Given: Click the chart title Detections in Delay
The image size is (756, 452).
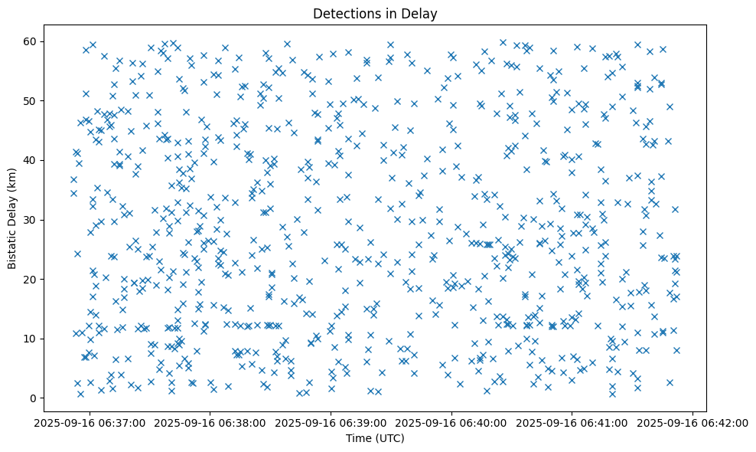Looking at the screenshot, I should pyautogui.click(x=375, y=13).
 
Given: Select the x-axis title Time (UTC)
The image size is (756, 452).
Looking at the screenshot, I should pyautogui.click(x=375, y=439).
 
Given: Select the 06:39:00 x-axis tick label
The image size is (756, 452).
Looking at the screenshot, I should pyautogui.click(x=331, y=422).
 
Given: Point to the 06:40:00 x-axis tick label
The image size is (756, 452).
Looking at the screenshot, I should pyautogui.click(x=451, y=422).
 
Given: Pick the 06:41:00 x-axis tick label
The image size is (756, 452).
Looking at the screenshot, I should pyautogui.click(x=572, y=422).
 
